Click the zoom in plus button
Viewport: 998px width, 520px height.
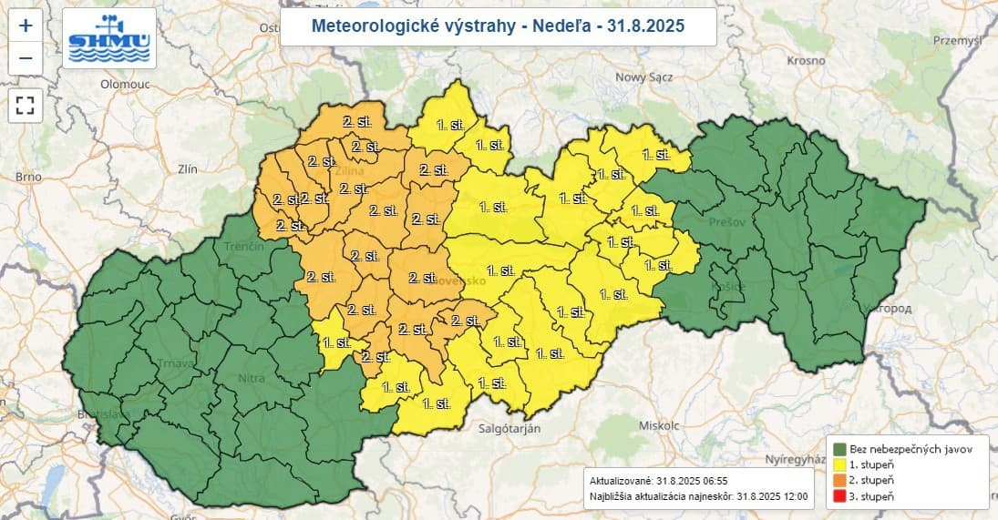[x=25, y=25]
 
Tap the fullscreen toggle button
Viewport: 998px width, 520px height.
[x=25, y=104]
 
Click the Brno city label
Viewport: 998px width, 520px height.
[x=29, y=177]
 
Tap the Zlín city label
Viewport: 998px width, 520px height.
[x=189, y=169]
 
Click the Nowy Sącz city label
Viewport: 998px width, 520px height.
[x=645, y=77]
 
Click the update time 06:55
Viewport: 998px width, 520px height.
[x=709, y=480]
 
